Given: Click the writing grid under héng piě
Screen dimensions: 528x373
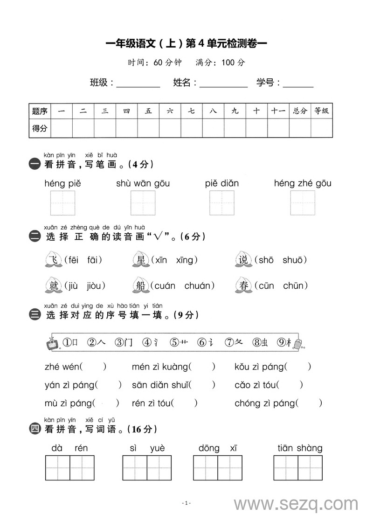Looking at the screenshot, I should (63, 203).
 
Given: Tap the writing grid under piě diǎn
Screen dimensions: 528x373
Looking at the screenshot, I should (222, 203).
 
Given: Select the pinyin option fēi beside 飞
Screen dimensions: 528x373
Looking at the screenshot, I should (74, 260).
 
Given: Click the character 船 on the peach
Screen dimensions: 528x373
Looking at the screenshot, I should (140, 285).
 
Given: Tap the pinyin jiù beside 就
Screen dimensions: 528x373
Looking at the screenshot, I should (73, 285).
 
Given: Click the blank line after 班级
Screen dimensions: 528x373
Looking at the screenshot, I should (138, 84).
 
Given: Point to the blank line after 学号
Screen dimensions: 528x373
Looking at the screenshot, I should (298, 84).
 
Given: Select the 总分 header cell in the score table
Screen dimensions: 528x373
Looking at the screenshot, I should (300, 111).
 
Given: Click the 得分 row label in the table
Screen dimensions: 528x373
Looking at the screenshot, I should (40, 128).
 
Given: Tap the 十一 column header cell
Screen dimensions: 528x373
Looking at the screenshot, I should (278, 111).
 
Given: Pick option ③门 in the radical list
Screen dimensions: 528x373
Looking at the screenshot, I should (124, 343).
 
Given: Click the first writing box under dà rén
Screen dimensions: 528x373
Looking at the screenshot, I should (57, 468).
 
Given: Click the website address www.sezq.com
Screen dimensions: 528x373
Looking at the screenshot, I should (296, 504).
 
